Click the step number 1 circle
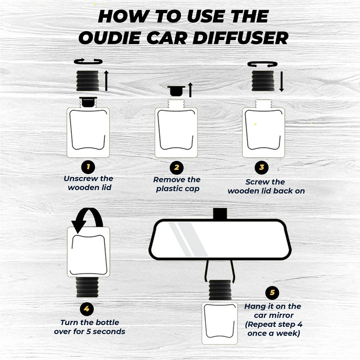(x=88, y=167)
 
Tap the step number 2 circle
(x=176, y=168)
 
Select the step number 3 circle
(x=262, y=167)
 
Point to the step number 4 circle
(x=87, y=309)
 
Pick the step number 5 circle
(x=272, y=293)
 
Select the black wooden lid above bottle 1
(x=87, y=81)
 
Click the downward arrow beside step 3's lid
(x=281, y=82)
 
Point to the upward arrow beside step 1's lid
(x=106, y=81)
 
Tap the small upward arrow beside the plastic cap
(x=190, y=90)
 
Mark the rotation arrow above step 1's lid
(x=88, y=61)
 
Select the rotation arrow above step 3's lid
(x=262, y=64)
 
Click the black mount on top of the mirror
(x=220, y=214)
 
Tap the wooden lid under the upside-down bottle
(x=87, y=287)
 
